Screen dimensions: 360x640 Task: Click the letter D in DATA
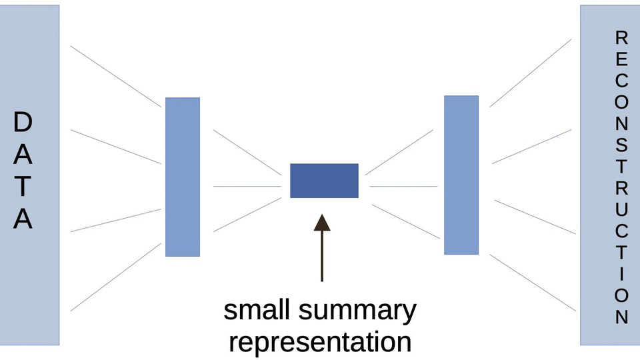23,122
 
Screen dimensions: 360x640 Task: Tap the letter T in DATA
23,187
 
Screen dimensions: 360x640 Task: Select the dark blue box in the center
324,181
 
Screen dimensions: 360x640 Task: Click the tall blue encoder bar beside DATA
183,177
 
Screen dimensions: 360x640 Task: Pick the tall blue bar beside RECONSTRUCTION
461,175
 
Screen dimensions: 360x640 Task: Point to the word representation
319,342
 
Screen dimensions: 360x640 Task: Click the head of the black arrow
322,223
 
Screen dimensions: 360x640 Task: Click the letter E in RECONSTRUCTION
621,59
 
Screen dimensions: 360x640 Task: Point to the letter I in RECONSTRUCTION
621,273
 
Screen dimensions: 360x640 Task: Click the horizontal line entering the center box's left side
247,186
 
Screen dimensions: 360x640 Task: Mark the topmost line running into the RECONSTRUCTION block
531,73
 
